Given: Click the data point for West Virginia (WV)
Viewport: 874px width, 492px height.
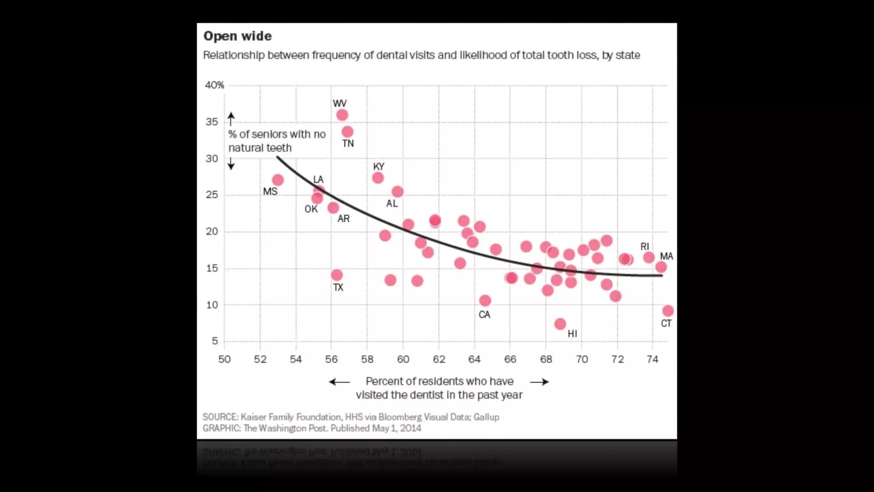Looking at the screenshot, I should point(342,115).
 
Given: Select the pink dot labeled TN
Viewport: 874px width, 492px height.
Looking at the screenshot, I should point(347,132).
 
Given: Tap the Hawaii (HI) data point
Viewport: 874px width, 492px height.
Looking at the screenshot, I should point(560,324).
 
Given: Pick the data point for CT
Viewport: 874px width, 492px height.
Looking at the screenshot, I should point(668,311).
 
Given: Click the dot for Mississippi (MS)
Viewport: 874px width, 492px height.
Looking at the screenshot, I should point(278,180).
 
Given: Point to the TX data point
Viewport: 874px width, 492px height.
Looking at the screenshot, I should point(337,275).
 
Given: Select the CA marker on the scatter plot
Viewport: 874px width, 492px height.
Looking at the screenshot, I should point(485,301).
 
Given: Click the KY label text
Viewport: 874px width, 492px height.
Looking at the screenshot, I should point(379,167).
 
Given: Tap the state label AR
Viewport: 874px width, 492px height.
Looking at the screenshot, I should point(344,219).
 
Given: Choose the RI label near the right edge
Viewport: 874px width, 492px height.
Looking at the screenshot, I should point(644,246).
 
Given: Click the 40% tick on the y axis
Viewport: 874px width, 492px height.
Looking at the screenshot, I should point(214,85).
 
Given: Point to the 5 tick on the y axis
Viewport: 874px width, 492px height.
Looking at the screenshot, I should point(215,341).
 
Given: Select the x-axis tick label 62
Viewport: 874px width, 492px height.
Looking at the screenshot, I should point(439,359).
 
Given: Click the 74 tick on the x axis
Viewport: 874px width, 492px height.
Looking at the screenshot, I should point(653,359).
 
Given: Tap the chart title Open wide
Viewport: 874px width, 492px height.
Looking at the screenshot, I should point(237,36).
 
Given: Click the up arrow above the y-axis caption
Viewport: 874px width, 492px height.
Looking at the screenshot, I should point(231,118).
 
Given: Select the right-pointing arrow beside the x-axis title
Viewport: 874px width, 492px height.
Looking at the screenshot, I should point(539,382).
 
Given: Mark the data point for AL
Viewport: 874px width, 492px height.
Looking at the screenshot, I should point(397,192).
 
